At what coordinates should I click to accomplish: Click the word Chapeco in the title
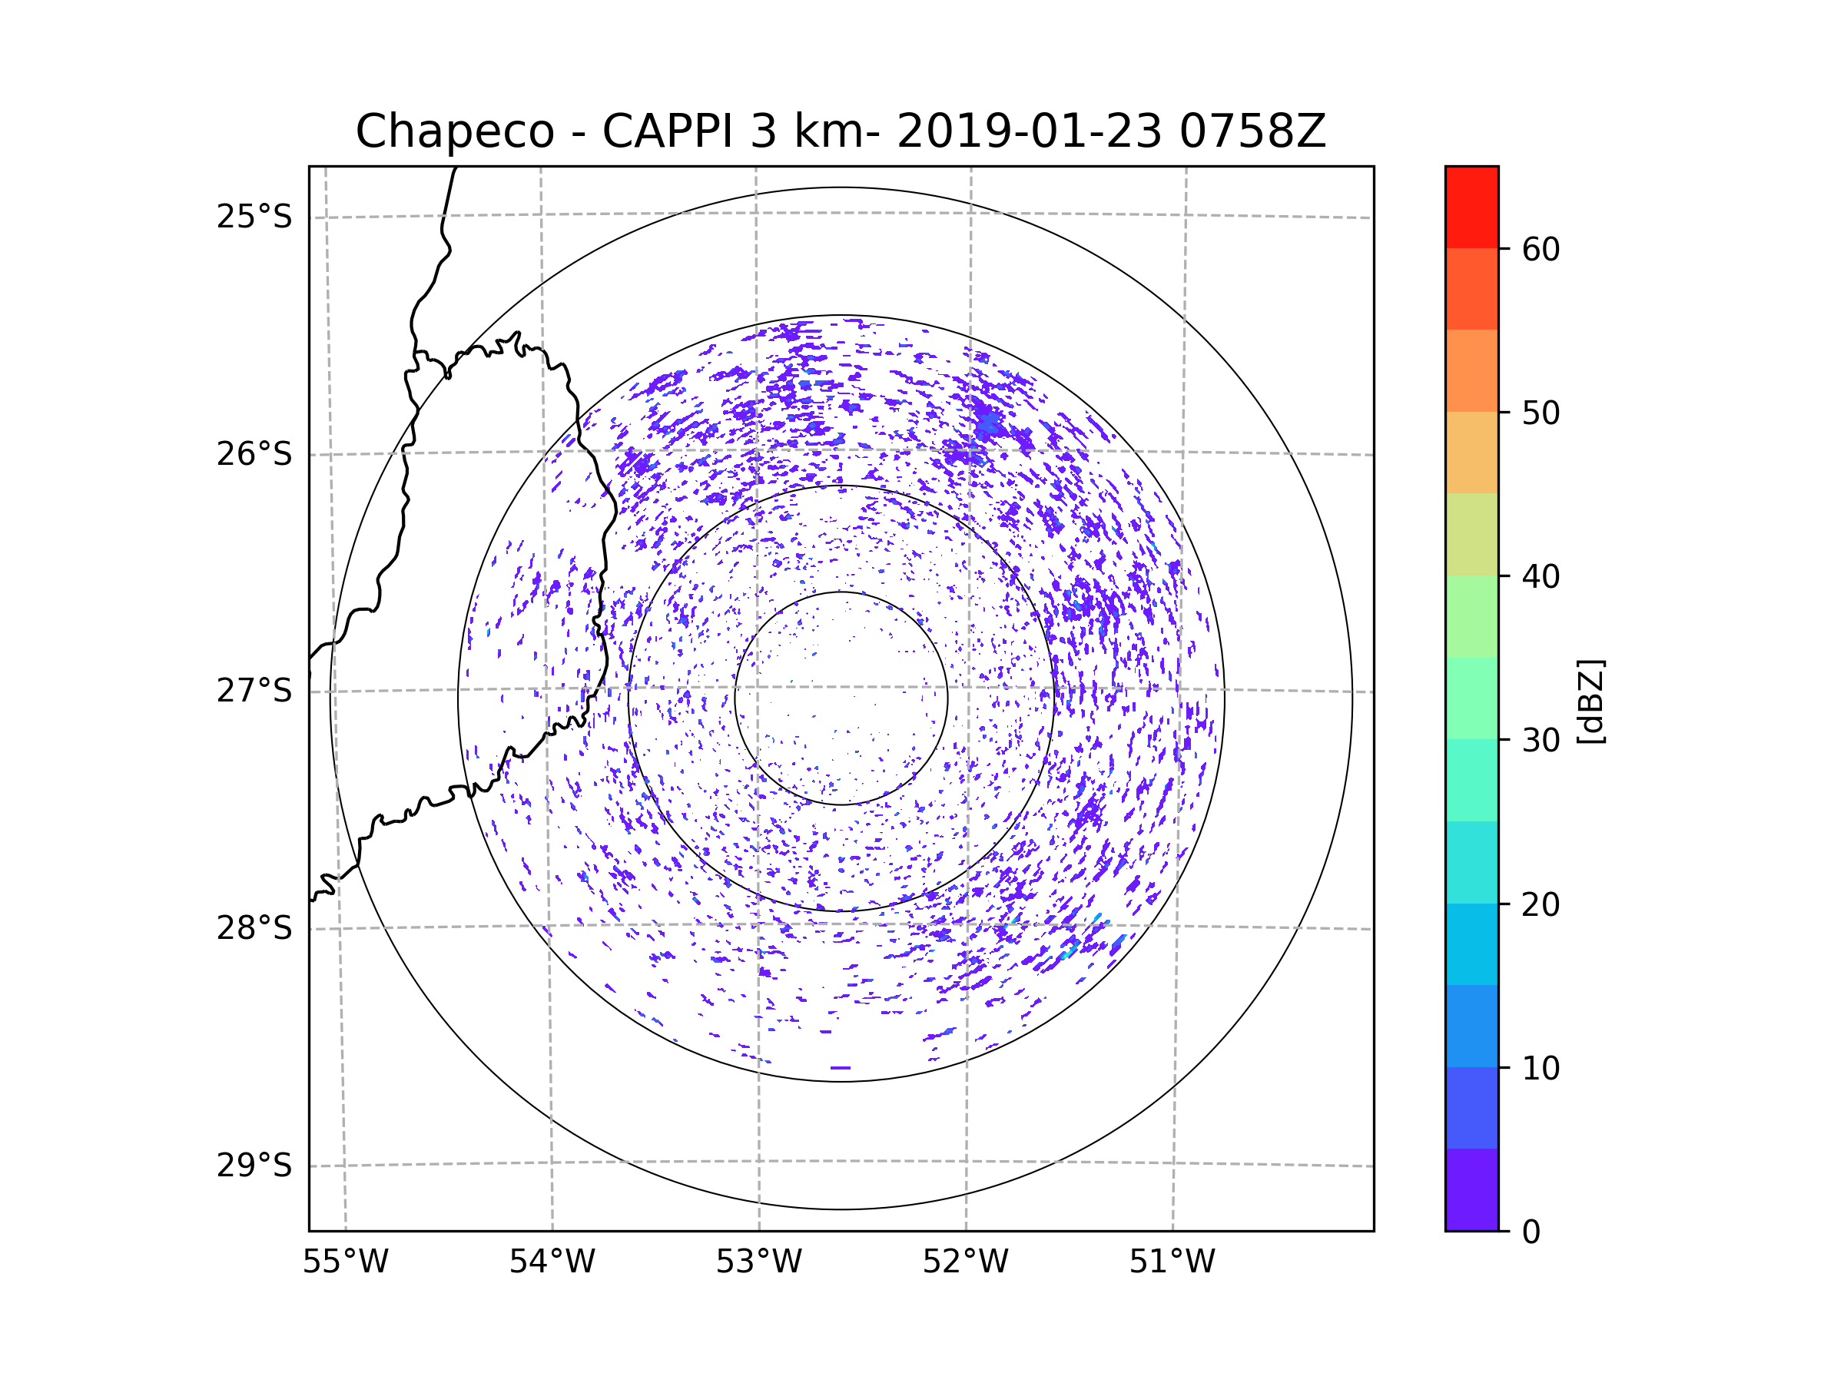point(454,131)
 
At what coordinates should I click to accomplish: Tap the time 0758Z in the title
point(1252,131)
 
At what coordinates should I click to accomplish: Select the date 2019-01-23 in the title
point(1029,131)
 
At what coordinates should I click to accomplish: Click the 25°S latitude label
point(254,217)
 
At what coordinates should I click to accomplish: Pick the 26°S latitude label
point(254,454)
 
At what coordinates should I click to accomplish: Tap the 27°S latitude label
point(254,691)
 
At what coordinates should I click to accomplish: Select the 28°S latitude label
point(254,928)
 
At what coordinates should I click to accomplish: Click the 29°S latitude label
point(254,1166)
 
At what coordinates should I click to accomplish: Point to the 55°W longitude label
point(345,1262)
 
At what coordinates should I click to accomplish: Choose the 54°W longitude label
point(552,1262)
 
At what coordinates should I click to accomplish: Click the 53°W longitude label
point(758,1262)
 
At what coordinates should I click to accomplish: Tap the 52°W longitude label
point(965,1262)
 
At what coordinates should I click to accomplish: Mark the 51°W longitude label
point(1172,1262)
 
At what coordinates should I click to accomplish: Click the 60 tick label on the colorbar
point(1541,249)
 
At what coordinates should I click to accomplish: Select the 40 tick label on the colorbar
point(1541,577)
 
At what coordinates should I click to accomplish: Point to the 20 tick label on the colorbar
point(1541,904)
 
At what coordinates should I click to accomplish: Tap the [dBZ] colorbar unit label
point(1590,701)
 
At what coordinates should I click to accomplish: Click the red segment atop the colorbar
point(1471,207)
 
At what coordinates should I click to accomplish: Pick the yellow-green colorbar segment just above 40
point(1471,534)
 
